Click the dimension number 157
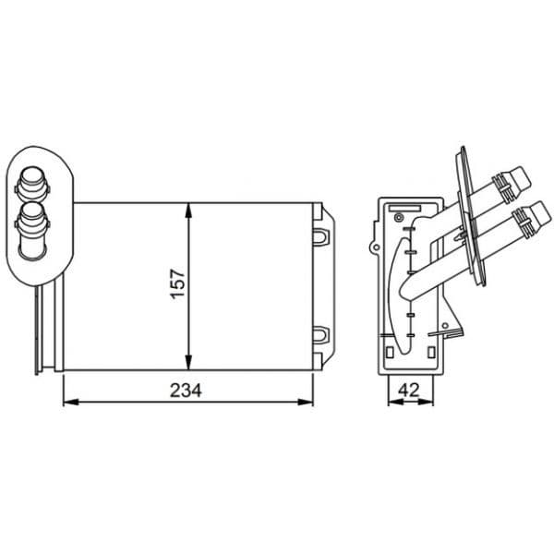[177, 284]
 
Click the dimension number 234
[186, 391]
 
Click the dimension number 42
[409, 390]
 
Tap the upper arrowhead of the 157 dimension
[188, 211]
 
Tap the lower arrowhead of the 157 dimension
[188, 363]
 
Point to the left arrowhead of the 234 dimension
[71, 402]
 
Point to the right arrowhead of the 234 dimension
[306, 402]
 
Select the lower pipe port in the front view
[32, 230]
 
